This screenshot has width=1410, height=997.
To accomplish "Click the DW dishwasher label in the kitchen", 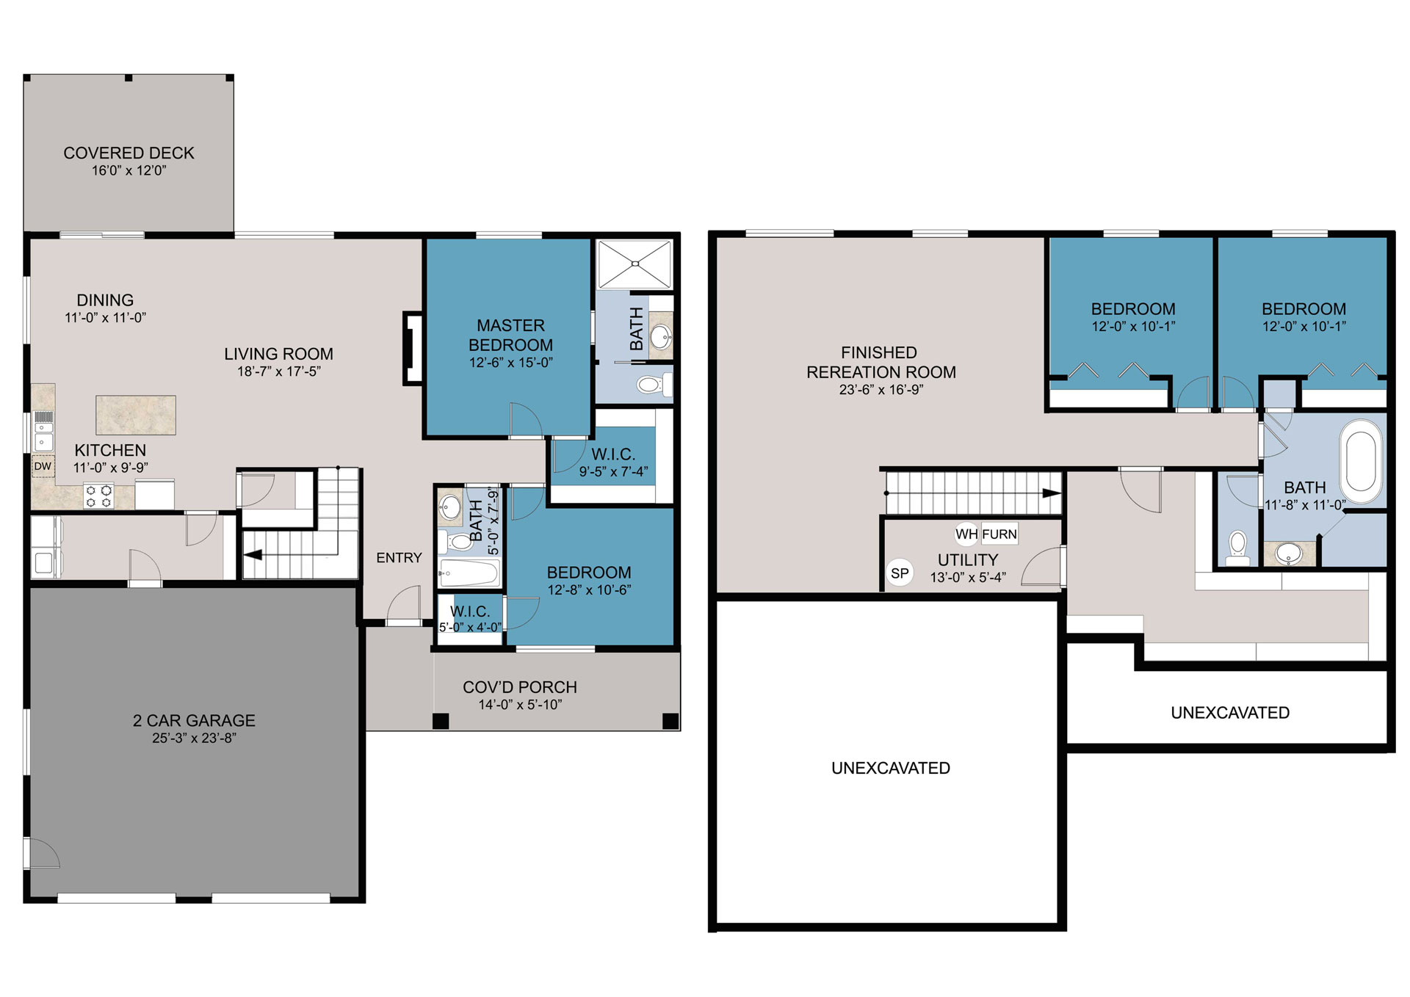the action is (43, 466).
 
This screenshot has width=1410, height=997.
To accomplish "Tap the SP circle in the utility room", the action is (900, 573).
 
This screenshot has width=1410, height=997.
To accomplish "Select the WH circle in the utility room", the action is (966, 534).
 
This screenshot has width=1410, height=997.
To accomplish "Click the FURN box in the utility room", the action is (999, 534).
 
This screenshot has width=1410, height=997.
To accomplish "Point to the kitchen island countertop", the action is (136, 415).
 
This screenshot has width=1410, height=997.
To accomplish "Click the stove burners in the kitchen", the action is (98, 496).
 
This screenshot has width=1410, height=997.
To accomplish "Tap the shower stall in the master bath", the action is (634, 264).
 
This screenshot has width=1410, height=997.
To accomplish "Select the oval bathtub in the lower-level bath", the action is (1361, 461).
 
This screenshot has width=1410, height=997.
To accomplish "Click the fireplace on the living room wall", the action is (413, 349).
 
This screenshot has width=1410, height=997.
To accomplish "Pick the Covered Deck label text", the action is (129, 153).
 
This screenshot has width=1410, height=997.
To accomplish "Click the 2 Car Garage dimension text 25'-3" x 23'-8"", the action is (194, 739).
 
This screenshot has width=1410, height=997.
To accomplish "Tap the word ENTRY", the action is (399, 558).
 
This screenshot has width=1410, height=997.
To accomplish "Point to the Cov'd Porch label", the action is (520, 687).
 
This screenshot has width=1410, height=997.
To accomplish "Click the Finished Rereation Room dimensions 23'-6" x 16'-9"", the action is (881, 390).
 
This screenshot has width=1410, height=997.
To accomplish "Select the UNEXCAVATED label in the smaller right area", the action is (1230, 713).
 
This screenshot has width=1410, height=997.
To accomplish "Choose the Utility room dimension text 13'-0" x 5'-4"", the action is (968, 578).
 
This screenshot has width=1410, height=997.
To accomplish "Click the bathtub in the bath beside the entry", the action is (470, 573).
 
